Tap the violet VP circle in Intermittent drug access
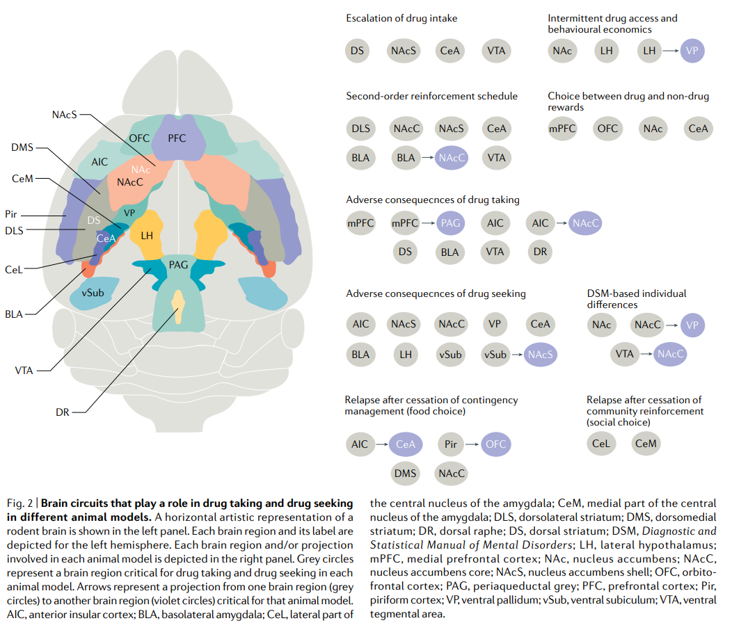(692, 51)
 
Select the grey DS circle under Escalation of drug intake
(358, 51)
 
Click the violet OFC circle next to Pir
(495, 444)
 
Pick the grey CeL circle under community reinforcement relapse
(600, 444)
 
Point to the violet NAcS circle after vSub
(541, 354)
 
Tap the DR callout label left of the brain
(63, 412)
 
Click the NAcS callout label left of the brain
(64, 113)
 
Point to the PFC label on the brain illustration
(177, 138)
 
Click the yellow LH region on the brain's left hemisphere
(147, 235)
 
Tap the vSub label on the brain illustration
(93, 293)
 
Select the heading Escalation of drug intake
(401, 18)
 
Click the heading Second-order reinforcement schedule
(431, 96)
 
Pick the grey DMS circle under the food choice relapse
(405, 474)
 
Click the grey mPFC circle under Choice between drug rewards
(562, 129)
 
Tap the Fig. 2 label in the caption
(19, 503)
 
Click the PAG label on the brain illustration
(179, 265)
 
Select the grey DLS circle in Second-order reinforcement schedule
(360, 129)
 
